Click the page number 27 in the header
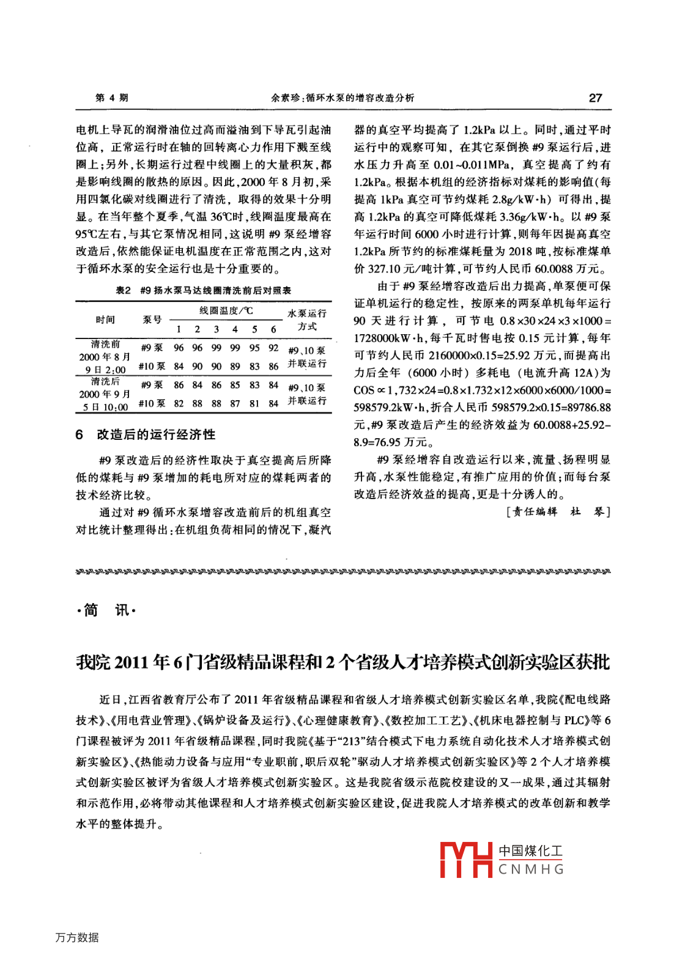click(x=594, y=98)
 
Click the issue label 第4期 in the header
click(x=112, y=98)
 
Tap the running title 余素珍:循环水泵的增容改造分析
click(x=342, y=98)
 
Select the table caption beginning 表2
click(x=204, y=291)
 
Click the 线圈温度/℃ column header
click(x=226, y=312)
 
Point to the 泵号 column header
click(x=152, y=320)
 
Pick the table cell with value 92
click(x=273, y=348)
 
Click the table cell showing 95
click(x=254, y=348)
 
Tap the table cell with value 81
click(x=254, y=404)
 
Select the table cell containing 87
click(x=235, y=404)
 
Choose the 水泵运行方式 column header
click(x=307, y=320)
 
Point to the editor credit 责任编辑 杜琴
click(x=558, y=512)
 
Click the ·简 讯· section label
click(x=106, y=610)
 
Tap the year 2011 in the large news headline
click(x=131, y=662)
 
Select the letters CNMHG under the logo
click(x=531, y=869)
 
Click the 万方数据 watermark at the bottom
click(x=77, y=937)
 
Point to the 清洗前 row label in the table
click(x=105, y=345)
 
